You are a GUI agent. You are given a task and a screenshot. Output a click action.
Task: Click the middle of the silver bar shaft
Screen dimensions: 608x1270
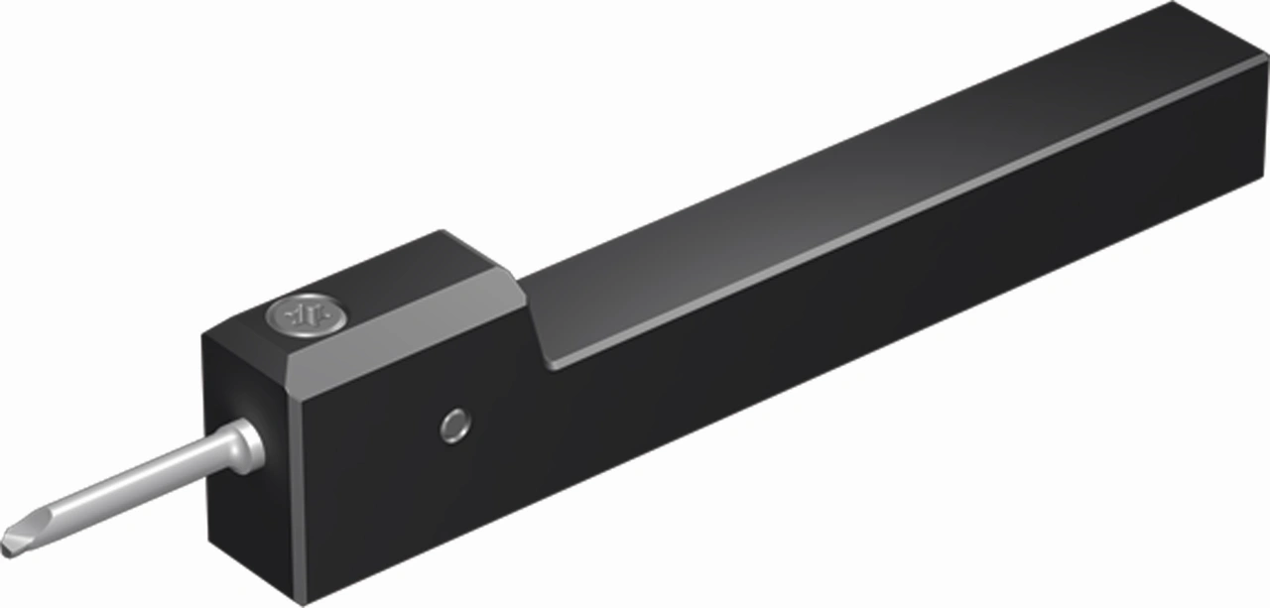[x=139, y=486]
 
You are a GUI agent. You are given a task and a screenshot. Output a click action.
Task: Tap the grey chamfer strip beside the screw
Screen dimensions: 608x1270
[x=397, y=322]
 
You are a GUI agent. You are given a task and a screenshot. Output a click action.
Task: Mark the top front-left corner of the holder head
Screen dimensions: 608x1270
[x=204, y=332]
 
